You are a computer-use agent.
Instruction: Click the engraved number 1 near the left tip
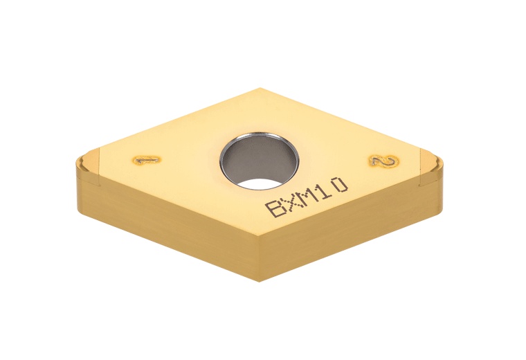145,160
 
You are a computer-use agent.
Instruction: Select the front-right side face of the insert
346,222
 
